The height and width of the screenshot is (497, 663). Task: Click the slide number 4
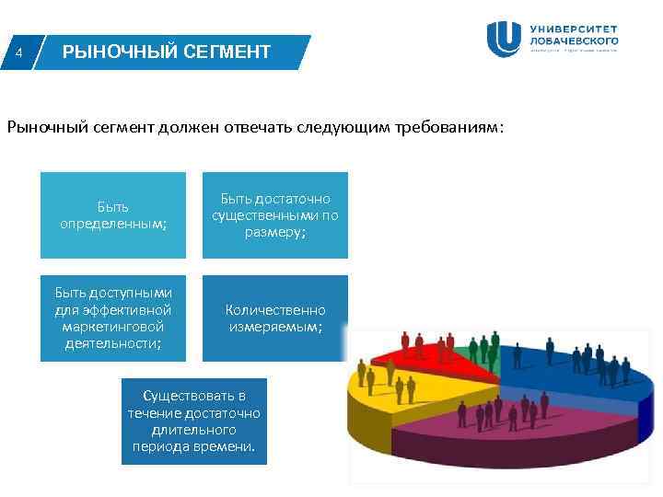pyautogui.click(x=19, y=52)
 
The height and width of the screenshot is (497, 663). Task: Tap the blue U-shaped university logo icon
pyautogui.click(x=504, y=39)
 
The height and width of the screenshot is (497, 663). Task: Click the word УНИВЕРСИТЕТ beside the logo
pyautogui.click(x=574, y=29)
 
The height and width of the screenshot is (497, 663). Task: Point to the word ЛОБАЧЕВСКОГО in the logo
pyautogui.click(x=574, y=40)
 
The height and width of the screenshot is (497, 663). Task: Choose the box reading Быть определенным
pyautogui.click(x=113, y=215)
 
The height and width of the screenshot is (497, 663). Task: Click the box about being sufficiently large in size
pyautogui.click(x=275, y=215)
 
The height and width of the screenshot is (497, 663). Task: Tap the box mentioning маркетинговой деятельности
pyautogui.click(x=113, y=318)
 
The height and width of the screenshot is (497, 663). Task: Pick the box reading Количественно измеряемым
pyautogui.click(x=275, y=318)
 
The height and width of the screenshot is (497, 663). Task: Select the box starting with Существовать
pyautogui.click(x=194, y=422)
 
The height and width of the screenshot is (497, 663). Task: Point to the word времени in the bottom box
pyautogui.click(x=228, y=446)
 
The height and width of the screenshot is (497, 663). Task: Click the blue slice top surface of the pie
pyautogui.click(x=571, y=373)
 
